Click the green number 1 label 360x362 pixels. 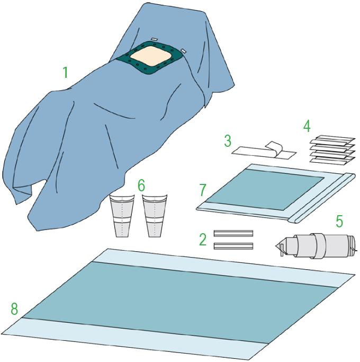pyautogui.click(x=66, y=72)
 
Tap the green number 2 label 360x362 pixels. pyautogui.click(x=203, y=240)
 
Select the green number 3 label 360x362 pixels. pyautogui.click(x=228, y=141)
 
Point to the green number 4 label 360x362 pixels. pyautogui.click(x=307, y=127)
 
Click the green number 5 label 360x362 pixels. pyautogui.click(x=339, y=221)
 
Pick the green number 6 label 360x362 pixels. pyautogui.click(x=141, y=186)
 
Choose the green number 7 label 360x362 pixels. pyautogui.click(x=202, y=190)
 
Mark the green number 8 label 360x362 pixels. pyautogui.click(x=14, y=309)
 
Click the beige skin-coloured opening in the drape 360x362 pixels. pyautogui.click(x=150, y=57)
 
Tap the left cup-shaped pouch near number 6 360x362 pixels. pyautogui.click(x=122, y=216)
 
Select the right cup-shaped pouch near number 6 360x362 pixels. pyautogui.click(x=154, y=216)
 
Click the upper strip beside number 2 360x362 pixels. pyautogui.click(x=233, y=233)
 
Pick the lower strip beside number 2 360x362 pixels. pyautogui.click(x=233, y=246)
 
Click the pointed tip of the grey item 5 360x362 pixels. pyautogui.click(x=276, y=245)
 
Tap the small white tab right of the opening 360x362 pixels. pyautogui.click(x=184, y=50)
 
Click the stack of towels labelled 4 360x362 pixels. pyautogui.click(x=332, y=151)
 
